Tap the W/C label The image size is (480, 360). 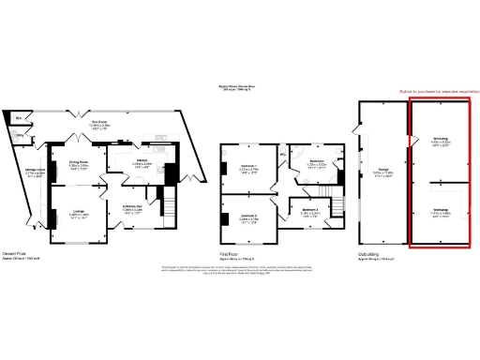click(19, 117)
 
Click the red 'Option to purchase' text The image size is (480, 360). click(426, 91)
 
